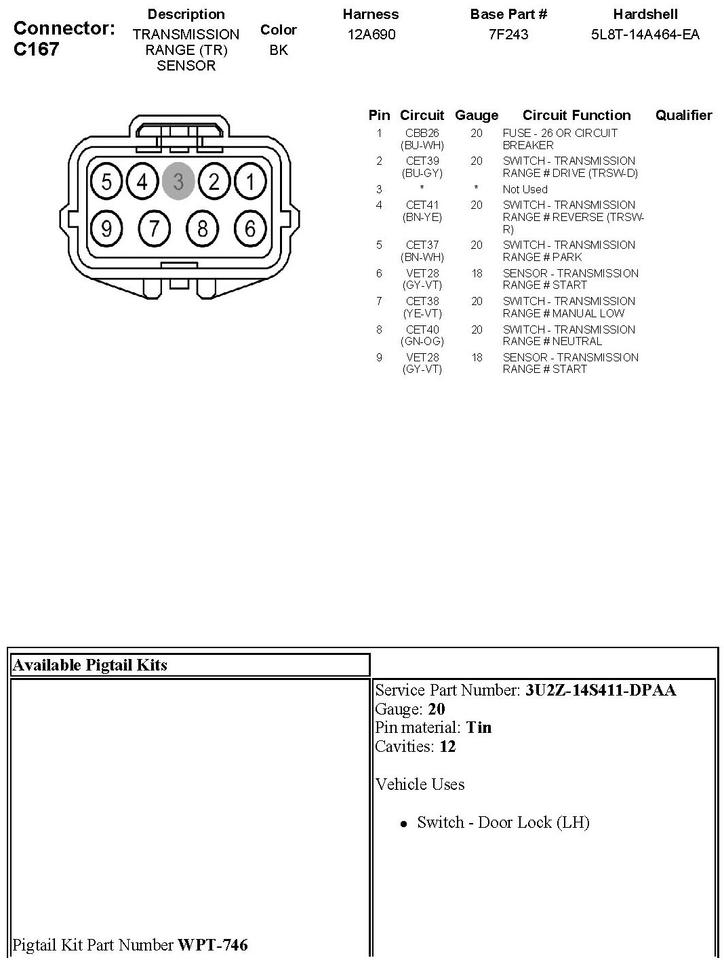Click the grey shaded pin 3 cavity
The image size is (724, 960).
pyautogui.click(x=178, y=182)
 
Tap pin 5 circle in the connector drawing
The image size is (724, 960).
pyautogui.click(x=106, y=182)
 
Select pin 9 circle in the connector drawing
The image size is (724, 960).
pyautogui.click(x=106, y=229)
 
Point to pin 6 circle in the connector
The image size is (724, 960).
pyautogui.click(x=250, y=229)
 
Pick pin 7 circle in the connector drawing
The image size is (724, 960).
pyautogui.click(x=155, y=229)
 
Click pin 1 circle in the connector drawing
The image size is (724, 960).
pyautogui.click(x=250, y=182)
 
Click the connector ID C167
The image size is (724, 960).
pyautogui.click(x=36, y=49)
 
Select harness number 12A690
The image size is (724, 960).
pyautogui.click(x=371, y=35)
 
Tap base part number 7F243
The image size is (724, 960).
pyautogui.click(x=508, y=35)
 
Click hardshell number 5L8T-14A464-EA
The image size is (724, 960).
pyautogui.click(x=645, y=35)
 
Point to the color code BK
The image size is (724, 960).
pyautogui.click(x=279, y=50)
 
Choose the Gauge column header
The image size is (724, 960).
pyautogui.click(x=477, y=115)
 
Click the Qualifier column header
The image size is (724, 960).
pyautogui.click(x=683, y=115)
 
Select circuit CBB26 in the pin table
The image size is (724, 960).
pyautogui.click(x=422, y=134)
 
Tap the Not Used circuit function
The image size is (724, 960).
pyautogui.click(x=525, y=189)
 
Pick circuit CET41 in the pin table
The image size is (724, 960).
pyautogui.click(x=422, y=205)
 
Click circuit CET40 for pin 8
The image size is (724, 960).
pyautogui.click(x=422, y=329)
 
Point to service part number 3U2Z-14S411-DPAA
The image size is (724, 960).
pyautogui.click(x=601, y=690)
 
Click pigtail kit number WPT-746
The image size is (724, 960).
pyautogui.click(x=213, y=944)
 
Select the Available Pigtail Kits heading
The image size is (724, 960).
pyautogui.click(x=90, y=665)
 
